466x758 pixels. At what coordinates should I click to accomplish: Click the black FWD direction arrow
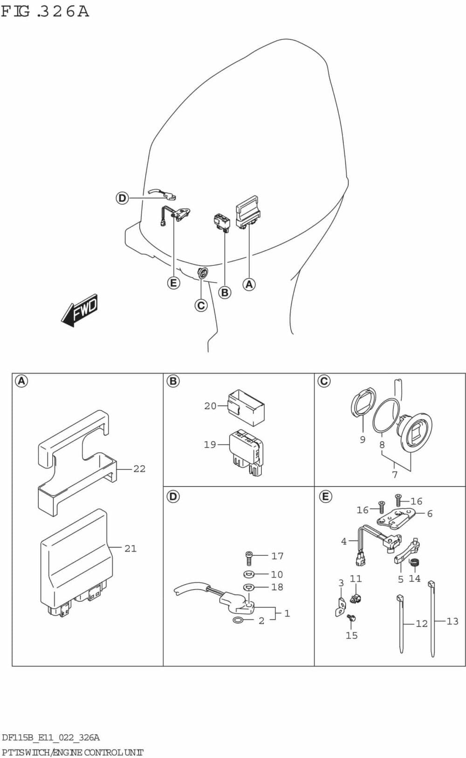(x=80, y=310)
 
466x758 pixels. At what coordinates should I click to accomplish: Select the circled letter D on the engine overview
(x=122, y=198)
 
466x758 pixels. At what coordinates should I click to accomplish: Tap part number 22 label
(x=139, y=469)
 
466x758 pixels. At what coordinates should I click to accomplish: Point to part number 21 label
(x=130, y=549)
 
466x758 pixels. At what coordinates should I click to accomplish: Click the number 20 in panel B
(x=210, y=406)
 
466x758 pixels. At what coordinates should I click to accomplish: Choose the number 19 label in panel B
(x=210, y=444)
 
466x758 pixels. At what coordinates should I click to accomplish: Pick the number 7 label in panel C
(x=395, y=475)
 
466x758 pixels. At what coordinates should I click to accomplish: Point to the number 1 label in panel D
(x=287, y=613)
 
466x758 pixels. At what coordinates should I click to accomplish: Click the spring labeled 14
(x=413, y=562)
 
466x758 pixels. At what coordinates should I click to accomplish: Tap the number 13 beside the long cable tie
(x=452, y=621)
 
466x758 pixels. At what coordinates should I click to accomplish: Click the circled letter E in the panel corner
(x=325, y=496)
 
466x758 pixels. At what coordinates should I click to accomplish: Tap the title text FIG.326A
(x=45, y=12)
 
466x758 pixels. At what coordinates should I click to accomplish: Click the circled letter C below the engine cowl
(x=201, y=305)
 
